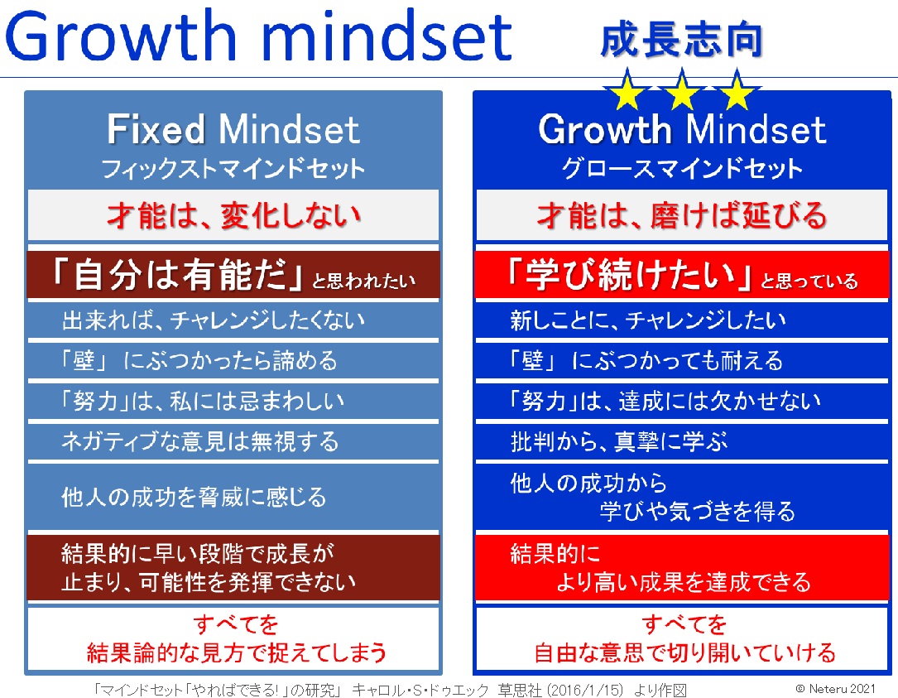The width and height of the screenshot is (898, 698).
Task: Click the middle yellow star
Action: (681, 90)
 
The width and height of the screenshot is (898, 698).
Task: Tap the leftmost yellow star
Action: (627, 90)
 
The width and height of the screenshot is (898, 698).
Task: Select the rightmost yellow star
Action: (737, 90)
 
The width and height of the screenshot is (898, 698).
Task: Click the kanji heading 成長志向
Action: (681, 40)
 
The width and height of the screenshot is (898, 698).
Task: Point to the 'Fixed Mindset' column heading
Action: (233, 128)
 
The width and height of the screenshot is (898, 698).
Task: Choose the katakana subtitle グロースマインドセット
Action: (681, 168)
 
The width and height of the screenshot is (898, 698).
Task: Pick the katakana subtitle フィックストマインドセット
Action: (233, 168)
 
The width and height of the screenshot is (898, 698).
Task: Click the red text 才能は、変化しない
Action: (233, 216)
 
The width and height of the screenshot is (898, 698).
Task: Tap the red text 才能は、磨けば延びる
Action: (681, 216)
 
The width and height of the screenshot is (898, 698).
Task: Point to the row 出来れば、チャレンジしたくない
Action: (213, 320)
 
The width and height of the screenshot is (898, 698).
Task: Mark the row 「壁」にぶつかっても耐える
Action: (646, 361)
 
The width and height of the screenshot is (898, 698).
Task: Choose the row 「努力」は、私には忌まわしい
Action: (203, 401)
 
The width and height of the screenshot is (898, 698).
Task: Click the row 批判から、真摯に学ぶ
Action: (619, 442)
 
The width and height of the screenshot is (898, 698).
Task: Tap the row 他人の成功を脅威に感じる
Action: (194, 497)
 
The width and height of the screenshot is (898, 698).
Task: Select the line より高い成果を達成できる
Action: (684, 582)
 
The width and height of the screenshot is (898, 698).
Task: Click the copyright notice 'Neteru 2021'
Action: (836, 688)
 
